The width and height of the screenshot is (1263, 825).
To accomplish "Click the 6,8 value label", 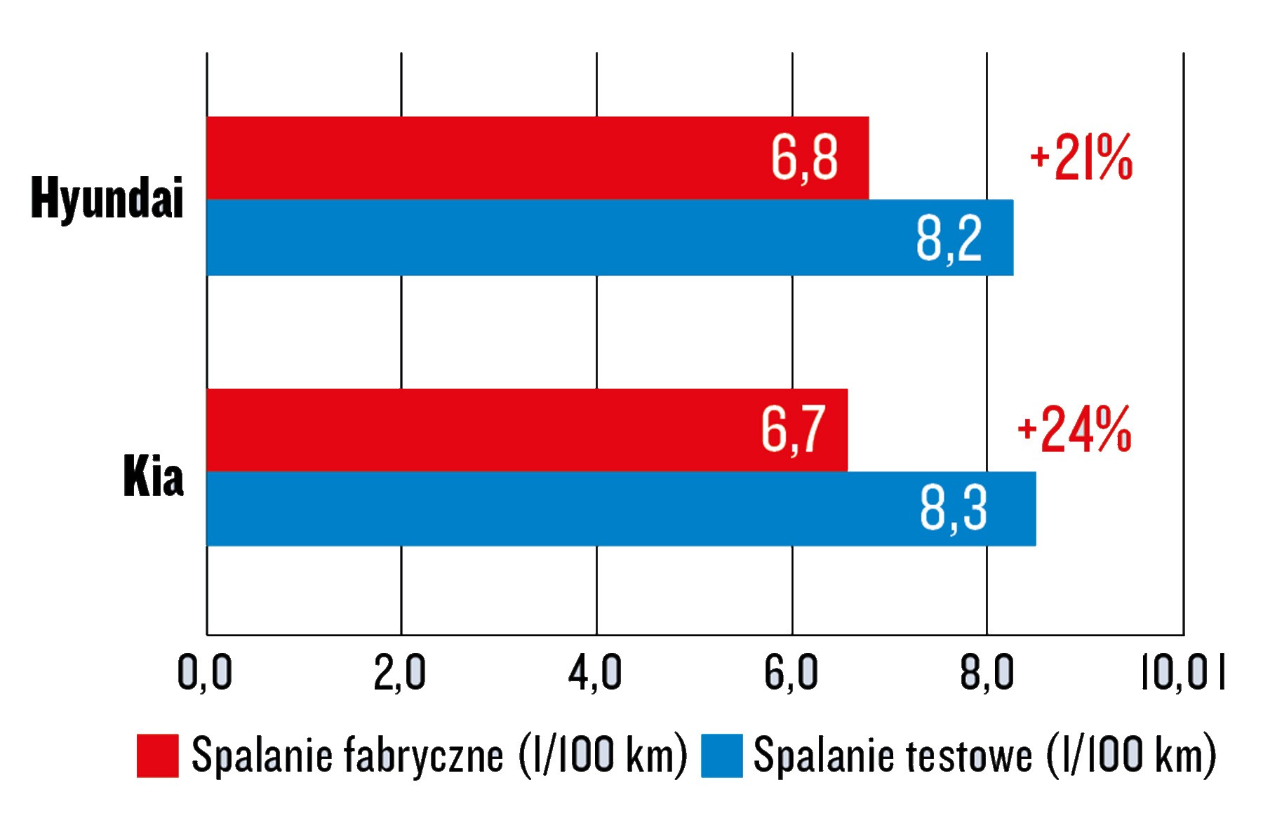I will click(x=804, y=159).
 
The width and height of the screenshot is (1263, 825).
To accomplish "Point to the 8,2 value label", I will click(x=949, y=239).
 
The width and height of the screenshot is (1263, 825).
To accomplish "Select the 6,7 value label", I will click(x=793, y=429).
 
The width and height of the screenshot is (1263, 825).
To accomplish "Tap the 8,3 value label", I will click(x=953, y=509).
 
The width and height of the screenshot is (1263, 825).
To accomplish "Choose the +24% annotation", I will click(x=1074, y=429).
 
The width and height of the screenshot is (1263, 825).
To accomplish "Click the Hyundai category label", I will click(x=107, y=199).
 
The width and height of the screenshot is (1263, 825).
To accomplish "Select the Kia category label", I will click(x=153, y=476).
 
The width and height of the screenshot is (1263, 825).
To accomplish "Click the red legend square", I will click(x=157, y=756).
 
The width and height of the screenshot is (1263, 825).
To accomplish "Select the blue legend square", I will click(x=721, y=756).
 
